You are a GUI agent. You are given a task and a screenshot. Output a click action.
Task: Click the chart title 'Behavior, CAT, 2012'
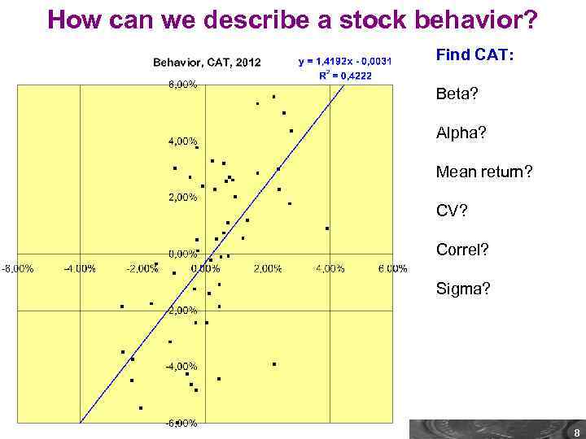coord(208,63)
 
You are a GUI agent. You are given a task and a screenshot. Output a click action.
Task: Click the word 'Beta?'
coord(457,94)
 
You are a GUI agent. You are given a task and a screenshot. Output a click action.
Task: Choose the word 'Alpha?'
coord(460,133)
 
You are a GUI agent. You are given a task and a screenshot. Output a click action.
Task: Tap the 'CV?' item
coord(452,211)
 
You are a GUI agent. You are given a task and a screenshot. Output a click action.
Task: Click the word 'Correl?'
coord(462,250)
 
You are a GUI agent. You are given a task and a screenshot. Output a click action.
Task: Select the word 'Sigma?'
coord(463,289)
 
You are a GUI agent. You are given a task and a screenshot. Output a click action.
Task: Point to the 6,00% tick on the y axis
coord(182,85)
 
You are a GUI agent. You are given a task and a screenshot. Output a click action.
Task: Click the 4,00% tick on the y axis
coord(182,141)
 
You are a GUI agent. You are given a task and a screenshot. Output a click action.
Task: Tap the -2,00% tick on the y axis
coord(181,311)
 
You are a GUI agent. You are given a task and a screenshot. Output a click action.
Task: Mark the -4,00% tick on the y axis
coord(181,367)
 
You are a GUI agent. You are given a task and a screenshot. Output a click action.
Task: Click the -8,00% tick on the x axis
coord(16,269)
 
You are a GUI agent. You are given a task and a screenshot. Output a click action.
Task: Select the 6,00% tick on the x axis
coord(392,269)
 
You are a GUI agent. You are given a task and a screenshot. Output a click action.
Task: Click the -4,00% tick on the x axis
coord(80,269)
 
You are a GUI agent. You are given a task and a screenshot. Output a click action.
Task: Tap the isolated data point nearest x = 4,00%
coord(327,228)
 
